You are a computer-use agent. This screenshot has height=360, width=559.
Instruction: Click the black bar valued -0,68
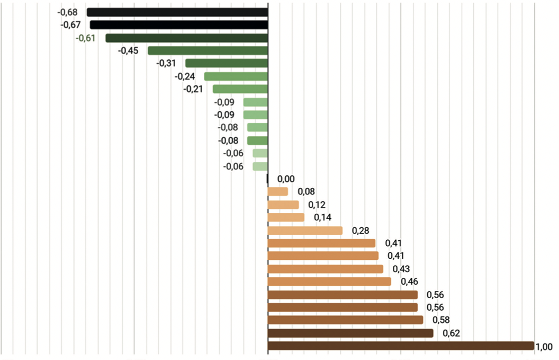pos(177,12)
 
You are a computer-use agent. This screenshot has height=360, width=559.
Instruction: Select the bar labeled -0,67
pos(179,25)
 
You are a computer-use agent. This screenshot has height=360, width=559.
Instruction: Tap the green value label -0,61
pos(85,38)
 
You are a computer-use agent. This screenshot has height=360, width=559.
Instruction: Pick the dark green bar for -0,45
pos(208,51)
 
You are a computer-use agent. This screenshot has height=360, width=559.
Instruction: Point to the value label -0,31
pos(166,63)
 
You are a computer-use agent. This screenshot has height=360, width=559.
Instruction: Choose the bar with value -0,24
pos(236,76)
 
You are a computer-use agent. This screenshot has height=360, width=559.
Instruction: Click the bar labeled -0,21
pos(240,89)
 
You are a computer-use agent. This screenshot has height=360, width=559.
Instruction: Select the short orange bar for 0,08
pos(278,192)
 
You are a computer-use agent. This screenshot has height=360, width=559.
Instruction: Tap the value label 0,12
pos(317,204)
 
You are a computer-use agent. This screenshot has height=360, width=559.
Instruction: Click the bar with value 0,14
pos(286,217)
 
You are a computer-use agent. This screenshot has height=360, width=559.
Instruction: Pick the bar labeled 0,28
pos(305,230)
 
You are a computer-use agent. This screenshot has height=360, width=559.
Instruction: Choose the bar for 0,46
pos(329,282)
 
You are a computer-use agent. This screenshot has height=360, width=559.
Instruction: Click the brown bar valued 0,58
pos(345,320)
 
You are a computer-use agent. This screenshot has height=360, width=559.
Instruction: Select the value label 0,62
pos(452,333)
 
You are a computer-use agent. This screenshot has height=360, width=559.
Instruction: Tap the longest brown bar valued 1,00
pos(401,346)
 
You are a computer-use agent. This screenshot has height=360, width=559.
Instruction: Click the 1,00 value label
pos(544,347)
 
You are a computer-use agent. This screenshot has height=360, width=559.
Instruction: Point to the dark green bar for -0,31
pos(227,64)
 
